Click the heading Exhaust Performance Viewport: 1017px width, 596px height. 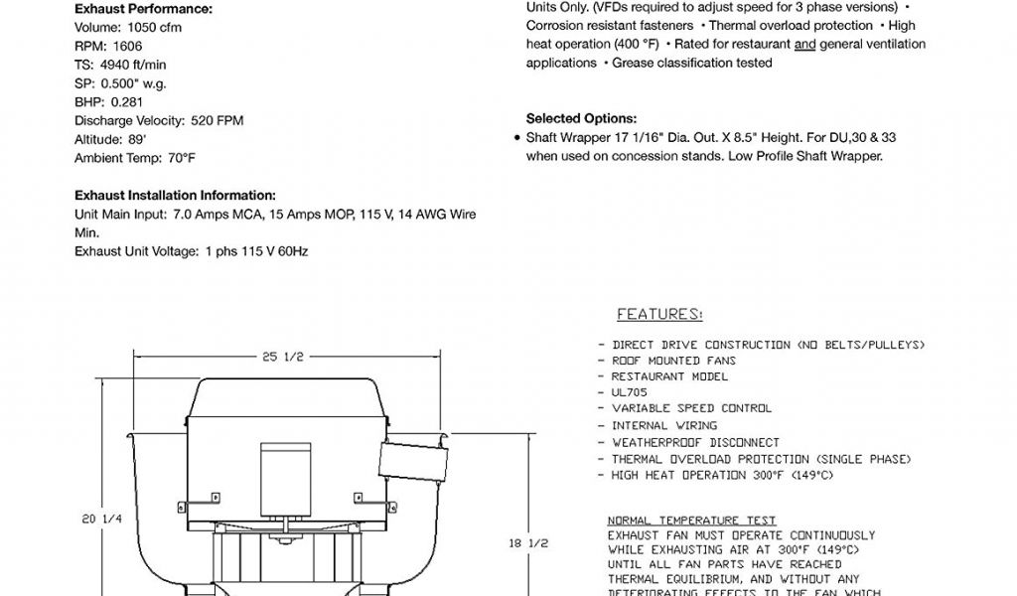click(x=143, y=9)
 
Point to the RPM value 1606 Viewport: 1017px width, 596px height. click(x=125, y=47)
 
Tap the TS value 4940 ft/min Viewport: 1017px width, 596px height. click(x=143, y=65)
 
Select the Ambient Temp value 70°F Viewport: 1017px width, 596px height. click(x=180, y=158)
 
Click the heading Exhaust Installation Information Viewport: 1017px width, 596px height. click(x=175, y=196)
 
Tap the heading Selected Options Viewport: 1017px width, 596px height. click(x=581, y=118)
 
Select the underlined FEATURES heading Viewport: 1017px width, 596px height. click(x=659, y=315)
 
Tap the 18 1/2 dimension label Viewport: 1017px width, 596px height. click(x=527, y=543)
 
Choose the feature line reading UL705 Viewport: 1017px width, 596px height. click(x=630, y=392)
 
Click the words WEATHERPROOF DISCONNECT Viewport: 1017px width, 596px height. click(x=695, y=442)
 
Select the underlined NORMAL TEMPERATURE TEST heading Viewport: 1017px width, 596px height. click(x=691, y=521)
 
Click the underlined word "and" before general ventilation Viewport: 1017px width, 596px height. click(x=804, y=45)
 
